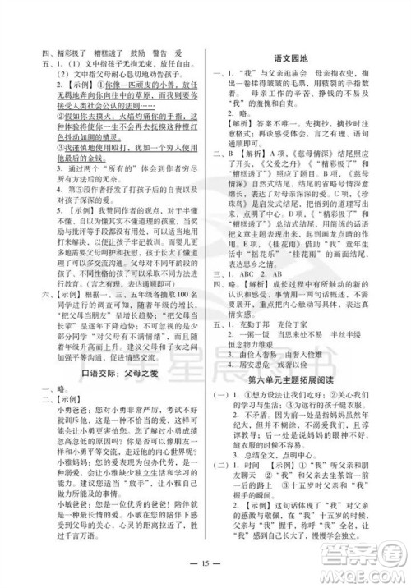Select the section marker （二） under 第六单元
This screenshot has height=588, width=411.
225,479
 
